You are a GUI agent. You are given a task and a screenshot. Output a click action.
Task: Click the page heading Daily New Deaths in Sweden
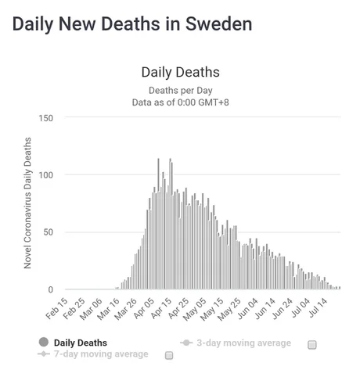[x=132, y=24]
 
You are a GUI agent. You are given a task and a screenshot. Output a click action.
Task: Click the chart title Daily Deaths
[x=181, y=72]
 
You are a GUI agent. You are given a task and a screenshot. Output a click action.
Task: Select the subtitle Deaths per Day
[x=181, y=91]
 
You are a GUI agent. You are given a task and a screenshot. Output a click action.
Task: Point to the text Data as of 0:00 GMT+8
[x=181, y=102]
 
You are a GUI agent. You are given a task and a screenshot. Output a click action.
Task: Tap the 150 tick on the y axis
[x=46, y=118]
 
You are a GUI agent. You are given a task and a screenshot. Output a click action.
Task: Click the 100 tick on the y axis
[x=46, y=175]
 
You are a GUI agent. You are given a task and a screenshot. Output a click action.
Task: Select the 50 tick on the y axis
[x=49, y=232]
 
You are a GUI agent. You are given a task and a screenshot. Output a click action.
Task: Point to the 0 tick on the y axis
[x=51, y=289]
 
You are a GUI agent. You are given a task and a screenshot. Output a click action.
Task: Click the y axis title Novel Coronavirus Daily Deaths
[x=27, y=203]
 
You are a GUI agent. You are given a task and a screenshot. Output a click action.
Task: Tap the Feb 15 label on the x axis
[x=57, y=309]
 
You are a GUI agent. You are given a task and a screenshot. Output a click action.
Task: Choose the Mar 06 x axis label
[x=92, y=309]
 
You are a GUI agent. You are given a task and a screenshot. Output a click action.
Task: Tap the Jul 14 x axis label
[x=318, y=308]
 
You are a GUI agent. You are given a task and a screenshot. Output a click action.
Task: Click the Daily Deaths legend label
[x=81, y=343]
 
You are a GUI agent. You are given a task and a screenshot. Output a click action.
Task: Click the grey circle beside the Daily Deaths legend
[x=44, y=342]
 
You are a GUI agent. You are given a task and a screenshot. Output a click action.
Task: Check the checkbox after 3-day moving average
[x=312, y=345]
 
